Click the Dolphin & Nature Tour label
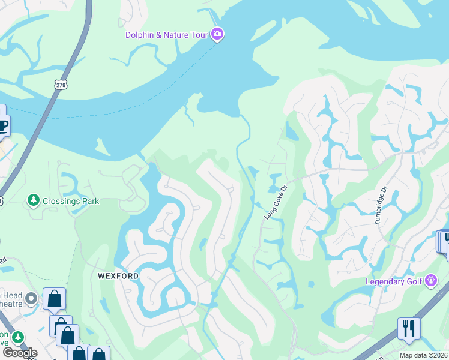(x=166, y=35)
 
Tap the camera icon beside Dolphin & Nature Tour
(x=217, y=35)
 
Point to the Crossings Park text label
(x=71, y=201)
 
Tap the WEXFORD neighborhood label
(x=118, y=276)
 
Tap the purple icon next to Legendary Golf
(x=431, y=280)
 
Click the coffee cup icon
(x=3, y=127)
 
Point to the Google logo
(x=19, y=353)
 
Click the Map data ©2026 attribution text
(x=423, y=355)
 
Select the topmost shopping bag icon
(x=54, y=299)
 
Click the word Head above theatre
(x=13, y=295)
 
